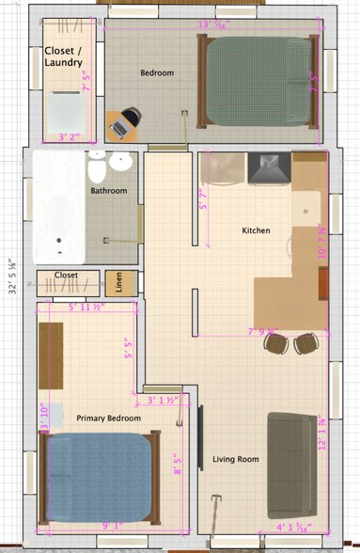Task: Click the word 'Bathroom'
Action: tap(108, 191)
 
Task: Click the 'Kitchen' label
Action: tap(257, 230)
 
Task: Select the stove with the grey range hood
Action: tap(268, 168)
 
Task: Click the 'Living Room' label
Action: tap(235, 459)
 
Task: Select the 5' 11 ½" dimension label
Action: tap(85, 307)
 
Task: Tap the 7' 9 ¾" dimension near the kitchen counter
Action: tap(262, 331)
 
